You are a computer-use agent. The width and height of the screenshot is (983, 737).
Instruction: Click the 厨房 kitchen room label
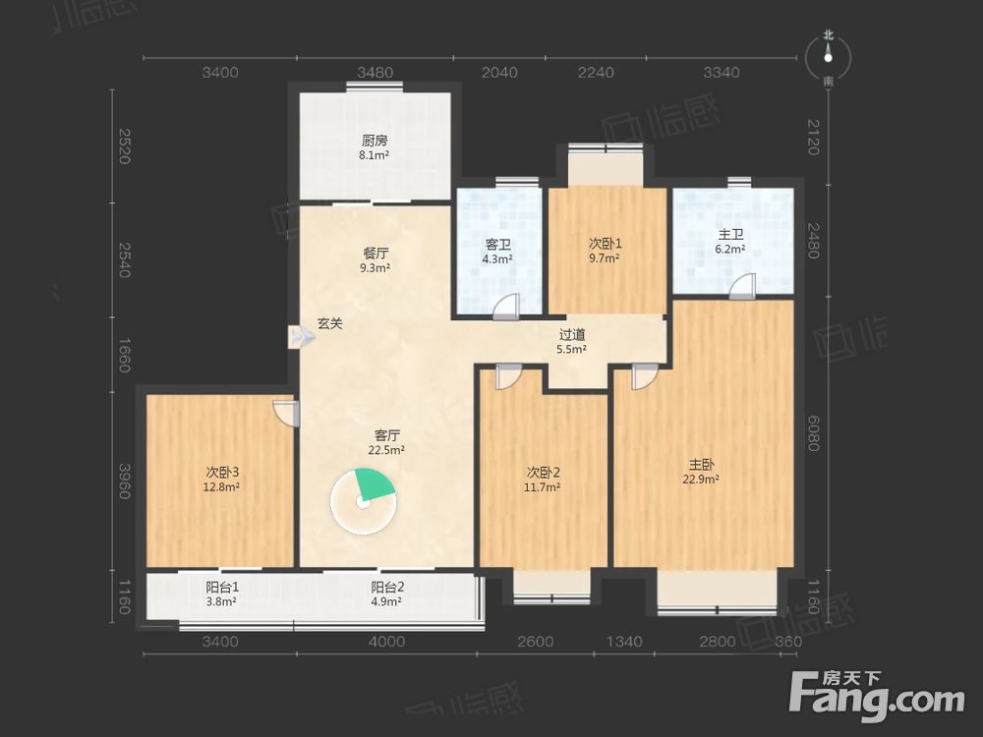375,140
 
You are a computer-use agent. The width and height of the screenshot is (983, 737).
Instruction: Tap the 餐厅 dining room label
376,254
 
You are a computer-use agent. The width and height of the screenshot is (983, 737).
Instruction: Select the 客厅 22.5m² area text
386,449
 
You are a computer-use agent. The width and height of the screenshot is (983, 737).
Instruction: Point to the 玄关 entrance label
329,324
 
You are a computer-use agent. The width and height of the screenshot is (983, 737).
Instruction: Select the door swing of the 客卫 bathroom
506,307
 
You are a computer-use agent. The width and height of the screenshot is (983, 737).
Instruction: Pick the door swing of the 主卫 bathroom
742,286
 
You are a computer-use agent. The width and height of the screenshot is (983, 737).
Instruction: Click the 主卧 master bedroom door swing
645,377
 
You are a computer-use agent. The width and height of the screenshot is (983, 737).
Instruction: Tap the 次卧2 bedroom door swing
508,377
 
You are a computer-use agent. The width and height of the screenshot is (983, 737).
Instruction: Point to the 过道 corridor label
572,335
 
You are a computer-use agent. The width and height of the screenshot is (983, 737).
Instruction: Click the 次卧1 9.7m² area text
605,257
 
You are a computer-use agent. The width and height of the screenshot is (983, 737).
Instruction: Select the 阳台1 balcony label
222,588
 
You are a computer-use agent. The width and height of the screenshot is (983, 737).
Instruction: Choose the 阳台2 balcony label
386,588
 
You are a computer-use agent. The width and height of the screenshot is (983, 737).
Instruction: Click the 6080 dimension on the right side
813,433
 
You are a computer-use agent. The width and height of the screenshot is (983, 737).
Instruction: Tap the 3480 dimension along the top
375,73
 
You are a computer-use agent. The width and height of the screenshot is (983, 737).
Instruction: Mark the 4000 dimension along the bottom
386,642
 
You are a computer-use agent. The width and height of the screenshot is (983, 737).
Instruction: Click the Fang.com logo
877,695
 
